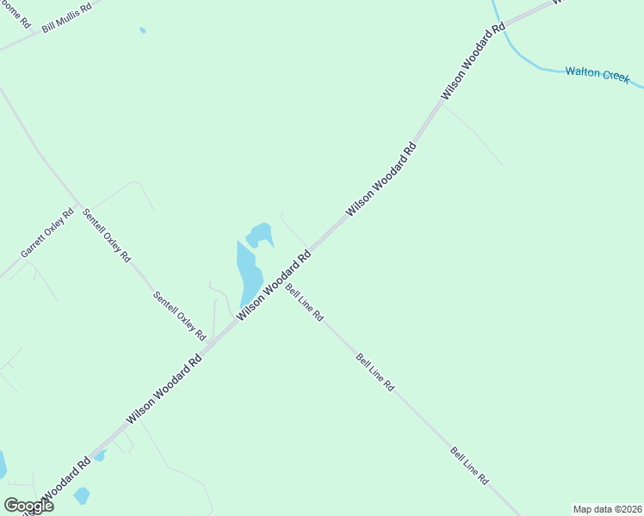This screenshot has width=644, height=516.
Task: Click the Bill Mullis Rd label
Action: click(x=66, y=18)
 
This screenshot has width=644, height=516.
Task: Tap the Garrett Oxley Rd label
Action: click(x=48, y=232)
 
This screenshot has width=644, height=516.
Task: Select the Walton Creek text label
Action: click(x=598, y=74)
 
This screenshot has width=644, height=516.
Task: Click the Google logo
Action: click(x=28, y=505)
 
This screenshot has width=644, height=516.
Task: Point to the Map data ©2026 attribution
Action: click(x=607, y=509)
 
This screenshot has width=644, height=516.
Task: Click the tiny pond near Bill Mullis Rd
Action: click(x=143, y=30)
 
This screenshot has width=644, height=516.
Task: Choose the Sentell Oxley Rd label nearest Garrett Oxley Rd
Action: click(x=107, y=235)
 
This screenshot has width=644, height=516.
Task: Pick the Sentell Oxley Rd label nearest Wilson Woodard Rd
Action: click(x=180, y=315)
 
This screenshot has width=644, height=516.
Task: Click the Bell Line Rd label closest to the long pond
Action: click(x=304, y=303)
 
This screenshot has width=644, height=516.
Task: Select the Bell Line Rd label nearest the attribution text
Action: click(x=469, y=465)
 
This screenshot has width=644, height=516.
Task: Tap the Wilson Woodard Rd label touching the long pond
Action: click(x=274, y=286)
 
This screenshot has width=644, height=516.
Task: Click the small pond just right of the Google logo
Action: click(x=82, y=495)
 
